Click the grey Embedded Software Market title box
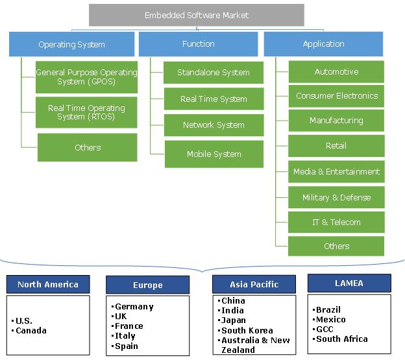(197, 15)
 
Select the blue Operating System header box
(72, 44)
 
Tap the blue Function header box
(199, 44)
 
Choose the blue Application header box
(323, 44)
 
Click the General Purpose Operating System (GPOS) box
(86, 77)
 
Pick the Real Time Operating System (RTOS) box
(86, 112)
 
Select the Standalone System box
(214, 73)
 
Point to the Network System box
(214, 125)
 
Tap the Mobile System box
(214, 154)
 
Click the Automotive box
(336, 72)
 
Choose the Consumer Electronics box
(336, 96)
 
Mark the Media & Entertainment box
(336, 172)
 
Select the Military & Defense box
(336, 197)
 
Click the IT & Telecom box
(336, 222)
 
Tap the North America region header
(48, 284)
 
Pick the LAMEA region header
(349, 283)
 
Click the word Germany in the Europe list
(134, 307)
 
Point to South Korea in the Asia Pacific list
(247, 330)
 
